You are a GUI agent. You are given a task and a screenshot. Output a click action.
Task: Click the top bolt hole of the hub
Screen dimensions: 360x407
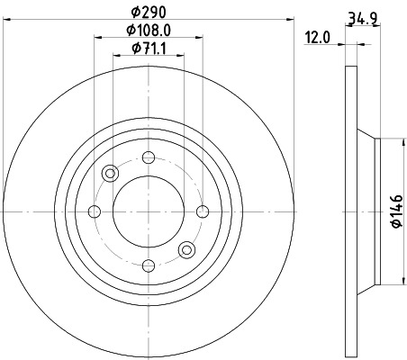click(148, 158)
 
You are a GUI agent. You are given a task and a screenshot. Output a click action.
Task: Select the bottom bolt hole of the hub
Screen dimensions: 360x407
click(148, 265)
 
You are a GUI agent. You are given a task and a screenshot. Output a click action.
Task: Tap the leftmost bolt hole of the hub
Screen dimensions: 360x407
click(95, 211)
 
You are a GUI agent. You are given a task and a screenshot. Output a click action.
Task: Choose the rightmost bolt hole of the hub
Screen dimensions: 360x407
click(201, 211)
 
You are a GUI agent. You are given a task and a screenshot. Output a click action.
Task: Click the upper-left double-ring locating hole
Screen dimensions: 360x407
click(110, 174)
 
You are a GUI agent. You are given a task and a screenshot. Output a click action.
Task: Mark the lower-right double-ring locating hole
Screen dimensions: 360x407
click(186, 249)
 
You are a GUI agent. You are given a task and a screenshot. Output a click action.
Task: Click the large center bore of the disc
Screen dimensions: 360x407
click(148, 211)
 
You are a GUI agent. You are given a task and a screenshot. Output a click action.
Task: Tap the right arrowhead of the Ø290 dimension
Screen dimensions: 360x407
click(288, 19)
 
